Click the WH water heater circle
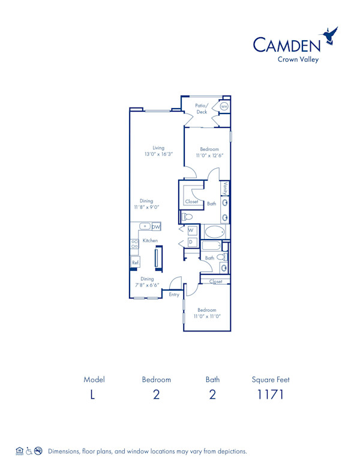(224, 106)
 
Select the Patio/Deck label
(202, 108)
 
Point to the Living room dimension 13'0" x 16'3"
(158, 154)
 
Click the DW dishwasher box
(156, 226)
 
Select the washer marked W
(191, 230)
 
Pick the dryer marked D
(191, 242)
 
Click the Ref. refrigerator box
(136, 262)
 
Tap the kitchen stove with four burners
(134, 244)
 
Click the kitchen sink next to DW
(145, 226)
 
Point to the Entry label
(174, 294)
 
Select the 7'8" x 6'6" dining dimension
(147, 285)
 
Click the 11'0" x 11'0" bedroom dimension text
(207, 316)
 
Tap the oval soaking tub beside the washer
(214, 232)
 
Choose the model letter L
(92, 395)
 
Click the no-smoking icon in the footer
(38, 450)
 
